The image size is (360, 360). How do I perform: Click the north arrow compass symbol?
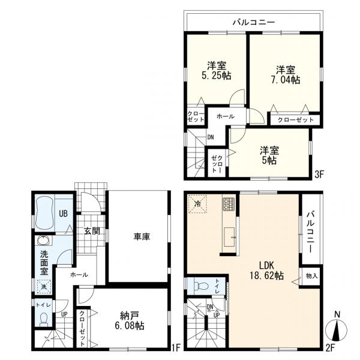(x=337, y=329)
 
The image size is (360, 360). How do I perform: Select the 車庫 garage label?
(x=142, y=236)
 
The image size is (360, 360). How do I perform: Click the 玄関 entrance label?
(x=92, y=231)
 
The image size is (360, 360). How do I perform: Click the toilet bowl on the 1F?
(x=44, y=319)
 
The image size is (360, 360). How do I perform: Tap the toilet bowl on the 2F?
(x=201, y=286)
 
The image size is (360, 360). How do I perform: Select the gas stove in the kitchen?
(x=229, y=203)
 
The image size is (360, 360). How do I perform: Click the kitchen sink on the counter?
(x=229, y=237)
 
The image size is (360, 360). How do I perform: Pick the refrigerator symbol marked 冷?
(x=197, y=204)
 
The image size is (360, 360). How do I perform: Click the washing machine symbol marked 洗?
(x=43, y=287)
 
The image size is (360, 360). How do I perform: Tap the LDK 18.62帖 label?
(x=267, y=271)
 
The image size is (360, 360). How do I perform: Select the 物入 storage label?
(x=311, y=276)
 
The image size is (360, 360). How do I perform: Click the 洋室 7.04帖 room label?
(x=286, y=75)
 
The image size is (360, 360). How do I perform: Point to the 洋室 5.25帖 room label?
(x=217, y=70)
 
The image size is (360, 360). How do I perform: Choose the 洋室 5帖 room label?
(x=269, y=155)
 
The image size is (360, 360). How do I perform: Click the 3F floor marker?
(x=319, y=175)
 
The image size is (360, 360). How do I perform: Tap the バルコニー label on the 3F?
(x=254, y=23)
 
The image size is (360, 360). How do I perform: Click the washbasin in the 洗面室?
(x=44, y=241)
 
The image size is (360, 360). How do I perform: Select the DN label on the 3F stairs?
(x=211, y=137)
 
